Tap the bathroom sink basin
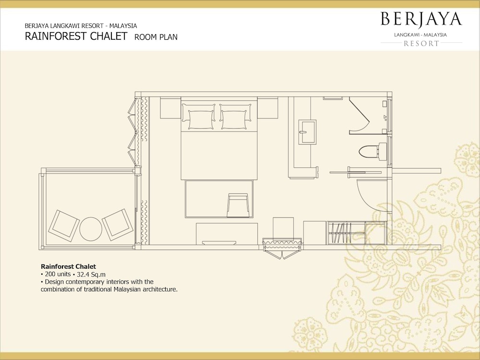point(308,132)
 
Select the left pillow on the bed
point(198,116)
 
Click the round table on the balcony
point(91,229)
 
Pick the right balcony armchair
point(118,224)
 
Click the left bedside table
point(170,108)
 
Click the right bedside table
point(267,108)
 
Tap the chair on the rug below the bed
point(238,205)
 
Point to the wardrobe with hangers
point(346,233)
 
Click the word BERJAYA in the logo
point(421,19)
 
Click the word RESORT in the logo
point(421,44)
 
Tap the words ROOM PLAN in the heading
point(156,37)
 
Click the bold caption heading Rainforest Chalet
point(68,266)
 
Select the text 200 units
point(58,274)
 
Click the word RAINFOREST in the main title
point(56,36)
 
